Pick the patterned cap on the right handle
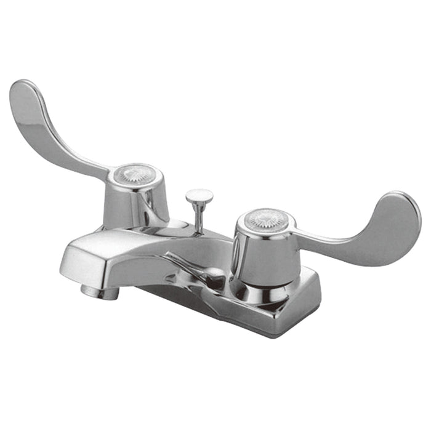[266, 219]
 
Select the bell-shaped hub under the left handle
[135, 203]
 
